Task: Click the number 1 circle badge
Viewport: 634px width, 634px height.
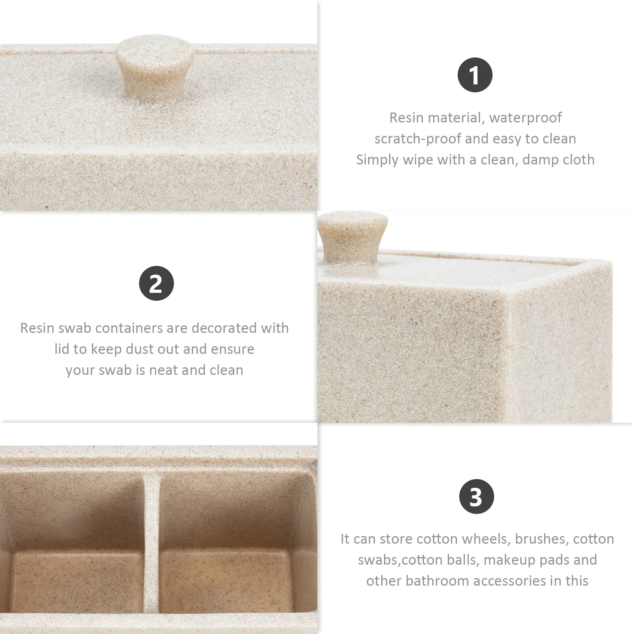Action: tap(475, 75)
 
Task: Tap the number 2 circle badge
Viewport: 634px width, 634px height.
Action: tap(156, 283)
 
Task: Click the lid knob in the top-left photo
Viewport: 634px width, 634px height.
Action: tap(155, 67)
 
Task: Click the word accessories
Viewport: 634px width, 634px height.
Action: tap(517, 581)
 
